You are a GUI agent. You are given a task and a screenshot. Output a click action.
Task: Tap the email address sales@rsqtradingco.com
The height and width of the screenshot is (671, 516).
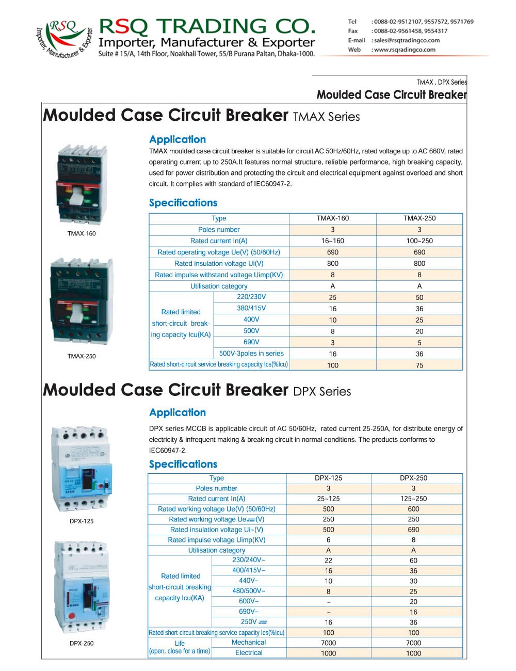[407, 40]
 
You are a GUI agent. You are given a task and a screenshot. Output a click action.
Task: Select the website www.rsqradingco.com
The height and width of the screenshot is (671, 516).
[405, 50]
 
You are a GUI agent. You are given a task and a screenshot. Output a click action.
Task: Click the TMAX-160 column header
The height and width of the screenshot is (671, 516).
[332, 218]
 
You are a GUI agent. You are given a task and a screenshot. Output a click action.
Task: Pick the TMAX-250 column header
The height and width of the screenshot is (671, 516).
[419, 218]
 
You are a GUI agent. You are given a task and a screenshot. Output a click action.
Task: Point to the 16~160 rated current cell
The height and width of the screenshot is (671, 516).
[332, 241]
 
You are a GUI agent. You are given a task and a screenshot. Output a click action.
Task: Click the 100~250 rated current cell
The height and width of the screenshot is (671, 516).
[419, 241]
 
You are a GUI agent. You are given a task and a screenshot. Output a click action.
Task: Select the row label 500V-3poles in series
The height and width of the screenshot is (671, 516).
[251, 354]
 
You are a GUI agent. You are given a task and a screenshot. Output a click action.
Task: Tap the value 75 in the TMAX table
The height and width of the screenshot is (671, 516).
[419, 365]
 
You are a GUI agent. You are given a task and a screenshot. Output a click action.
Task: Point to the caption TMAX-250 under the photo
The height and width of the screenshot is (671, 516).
[82, 356]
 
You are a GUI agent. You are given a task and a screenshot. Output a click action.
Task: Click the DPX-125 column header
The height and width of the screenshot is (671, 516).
[328, 478]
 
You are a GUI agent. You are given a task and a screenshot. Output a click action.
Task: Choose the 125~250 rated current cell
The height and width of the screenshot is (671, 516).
[413, 499]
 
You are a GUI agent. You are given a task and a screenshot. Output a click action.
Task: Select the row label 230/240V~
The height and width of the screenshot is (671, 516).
[249, 560]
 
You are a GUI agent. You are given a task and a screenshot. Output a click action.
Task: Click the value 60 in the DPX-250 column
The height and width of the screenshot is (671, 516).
[413, 561]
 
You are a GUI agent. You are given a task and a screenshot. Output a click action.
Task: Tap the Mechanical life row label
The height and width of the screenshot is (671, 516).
[249, 643]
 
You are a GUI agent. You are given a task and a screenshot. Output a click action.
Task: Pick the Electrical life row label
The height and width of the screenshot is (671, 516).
[249, 653]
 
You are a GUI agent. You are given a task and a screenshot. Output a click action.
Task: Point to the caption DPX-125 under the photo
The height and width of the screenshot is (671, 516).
[82, 521]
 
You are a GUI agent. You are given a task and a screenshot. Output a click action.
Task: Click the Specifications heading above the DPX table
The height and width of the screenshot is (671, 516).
[183, 464]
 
